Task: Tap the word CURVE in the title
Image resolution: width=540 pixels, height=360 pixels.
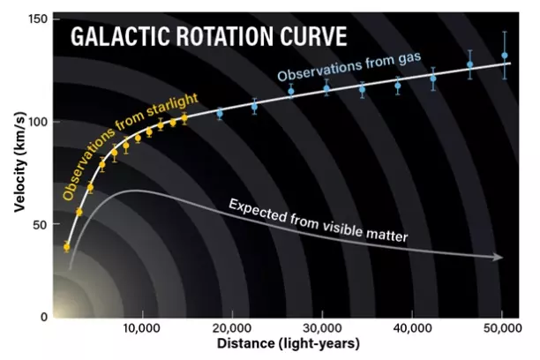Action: pyautogui.click(x=313, y=36)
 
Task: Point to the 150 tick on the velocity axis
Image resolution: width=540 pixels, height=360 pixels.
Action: pyautogui.click(x=38, y=19)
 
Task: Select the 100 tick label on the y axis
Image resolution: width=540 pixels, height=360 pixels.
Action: pyautogui.click(x=38, y=122)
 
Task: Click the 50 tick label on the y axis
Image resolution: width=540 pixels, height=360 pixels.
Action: pyautogui.click(x=41, y=225)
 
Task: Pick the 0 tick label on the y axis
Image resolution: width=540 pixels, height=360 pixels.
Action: pyautogui.click(x=44, y=317)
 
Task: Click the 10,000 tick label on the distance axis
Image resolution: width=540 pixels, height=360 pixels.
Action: pyautogui.click(x=141, y=328)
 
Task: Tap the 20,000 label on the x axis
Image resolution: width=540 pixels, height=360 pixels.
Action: pyautogui.click(x=231, y=328)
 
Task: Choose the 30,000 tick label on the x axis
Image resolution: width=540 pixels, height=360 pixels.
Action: pyautogui.click(x=322, y=328)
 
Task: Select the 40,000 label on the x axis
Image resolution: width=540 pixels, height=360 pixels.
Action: pyautogui.click(x=412, y=328)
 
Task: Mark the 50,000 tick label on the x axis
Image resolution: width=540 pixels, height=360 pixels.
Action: pyautogui.click(x=502, y=328)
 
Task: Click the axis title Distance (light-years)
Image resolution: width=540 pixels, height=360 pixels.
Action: pyautogui.click(x=289, y=344)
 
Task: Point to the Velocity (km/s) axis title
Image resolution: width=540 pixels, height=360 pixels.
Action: pyautogui.click(x=20, y=162)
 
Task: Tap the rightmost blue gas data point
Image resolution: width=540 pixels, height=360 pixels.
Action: pyautogui.click(x=505, y=56)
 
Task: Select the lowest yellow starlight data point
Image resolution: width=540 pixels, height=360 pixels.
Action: pyautogui.click(x=66, y=247)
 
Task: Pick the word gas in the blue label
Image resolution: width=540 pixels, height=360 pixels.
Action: pyautogui.click(x=409, y=58)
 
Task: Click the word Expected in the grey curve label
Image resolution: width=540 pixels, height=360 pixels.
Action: pyautogui.click(x=257, y=211)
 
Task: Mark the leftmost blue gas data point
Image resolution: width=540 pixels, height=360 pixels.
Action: pyautogui.click(x=220, y=113)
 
